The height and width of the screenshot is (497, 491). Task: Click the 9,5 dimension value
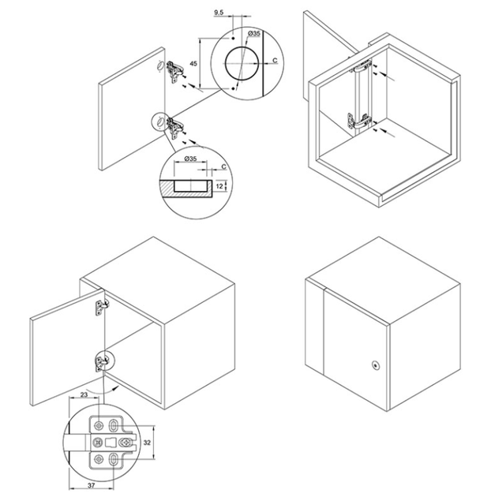point(219,13)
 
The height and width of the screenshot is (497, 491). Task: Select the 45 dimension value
point(193,63)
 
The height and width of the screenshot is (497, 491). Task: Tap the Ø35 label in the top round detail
point(253,33)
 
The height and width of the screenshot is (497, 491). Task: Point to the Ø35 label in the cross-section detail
point(190,159)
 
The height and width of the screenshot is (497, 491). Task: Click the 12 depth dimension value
point(219,186)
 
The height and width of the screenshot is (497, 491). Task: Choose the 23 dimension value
point(84,394)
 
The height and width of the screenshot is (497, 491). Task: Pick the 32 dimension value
point(147,443)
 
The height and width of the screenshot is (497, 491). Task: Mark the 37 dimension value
point(92,486)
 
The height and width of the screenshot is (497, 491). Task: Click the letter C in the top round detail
point(275,60)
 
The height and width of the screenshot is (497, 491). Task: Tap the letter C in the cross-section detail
point(223,166)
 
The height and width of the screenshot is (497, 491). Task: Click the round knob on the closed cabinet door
point(376,365)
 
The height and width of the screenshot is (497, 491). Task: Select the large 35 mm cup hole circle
point(242,63)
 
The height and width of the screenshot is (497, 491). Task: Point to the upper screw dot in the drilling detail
point(233,39)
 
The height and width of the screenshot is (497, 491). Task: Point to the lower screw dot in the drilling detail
point(233,88)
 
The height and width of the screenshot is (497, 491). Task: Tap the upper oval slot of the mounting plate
point(113,426)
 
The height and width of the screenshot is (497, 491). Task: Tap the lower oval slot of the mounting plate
point(113,458)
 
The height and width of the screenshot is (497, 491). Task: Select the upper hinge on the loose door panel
point(174,71)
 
